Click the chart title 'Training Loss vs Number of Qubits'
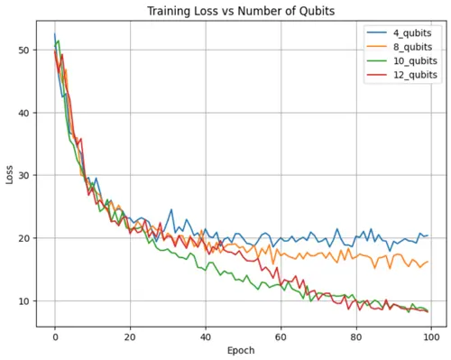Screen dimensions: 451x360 pos(241,12)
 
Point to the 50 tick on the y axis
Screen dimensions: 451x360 pos(25,50)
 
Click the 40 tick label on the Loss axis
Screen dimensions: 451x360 pos(25,113)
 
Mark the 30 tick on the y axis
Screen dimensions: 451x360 pos(25,175)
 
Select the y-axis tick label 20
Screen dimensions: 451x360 pos(25,238)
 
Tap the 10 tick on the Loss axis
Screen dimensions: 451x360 pos(25,301)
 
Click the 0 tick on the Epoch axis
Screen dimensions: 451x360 pos(55,337)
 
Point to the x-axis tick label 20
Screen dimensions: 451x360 pos(131,337)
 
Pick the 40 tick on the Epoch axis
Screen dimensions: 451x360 pos(206,337)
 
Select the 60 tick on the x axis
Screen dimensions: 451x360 pos(281,337)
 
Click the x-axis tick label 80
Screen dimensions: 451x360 pos(356,337)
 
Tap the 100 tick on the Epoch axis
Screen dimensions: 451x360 pos(432,337)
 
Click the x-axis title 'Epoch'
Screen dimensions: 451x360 pos(241,351)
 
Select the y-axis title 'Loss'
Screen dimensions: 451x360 pos(10,175)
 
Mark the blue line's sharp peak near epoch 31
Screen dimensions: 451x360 pos(171,209)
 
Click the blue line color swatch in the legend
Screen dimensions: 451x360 pos(377,32)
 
